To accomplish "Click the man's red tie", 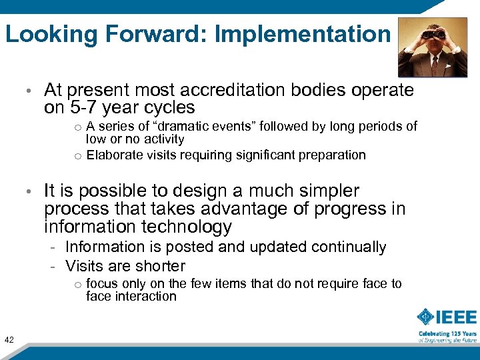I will pos(435,64).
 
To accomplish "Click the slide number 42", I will pos(9,340).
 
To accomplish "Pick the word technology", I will pos(186,227).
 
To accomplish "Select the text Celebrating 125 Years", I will pos(447,333).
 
